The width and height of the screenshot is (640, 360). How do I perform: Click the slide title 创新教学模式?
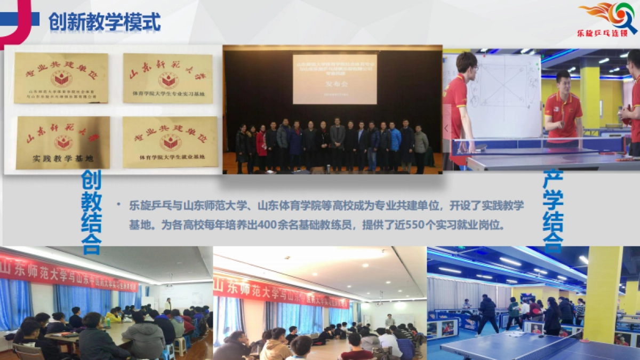105,22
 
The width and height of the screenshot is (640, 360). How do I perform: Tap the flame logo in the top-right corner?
609,14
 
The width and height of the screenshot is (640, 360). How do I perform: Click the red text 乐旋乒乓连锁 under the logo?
607,32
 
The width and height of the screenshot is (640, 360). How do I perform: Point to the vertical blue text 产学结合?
553,210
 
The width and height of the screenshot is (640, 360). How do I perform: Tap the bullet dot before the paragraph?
118,205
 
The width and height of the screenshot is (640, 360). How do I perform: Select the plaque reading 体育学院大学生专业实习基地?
168,78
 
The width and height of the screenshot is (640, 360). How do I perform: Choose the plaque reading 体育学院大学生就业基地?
170,142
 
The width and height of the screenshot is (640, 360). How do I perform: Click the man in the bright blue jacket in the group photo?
395,141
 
